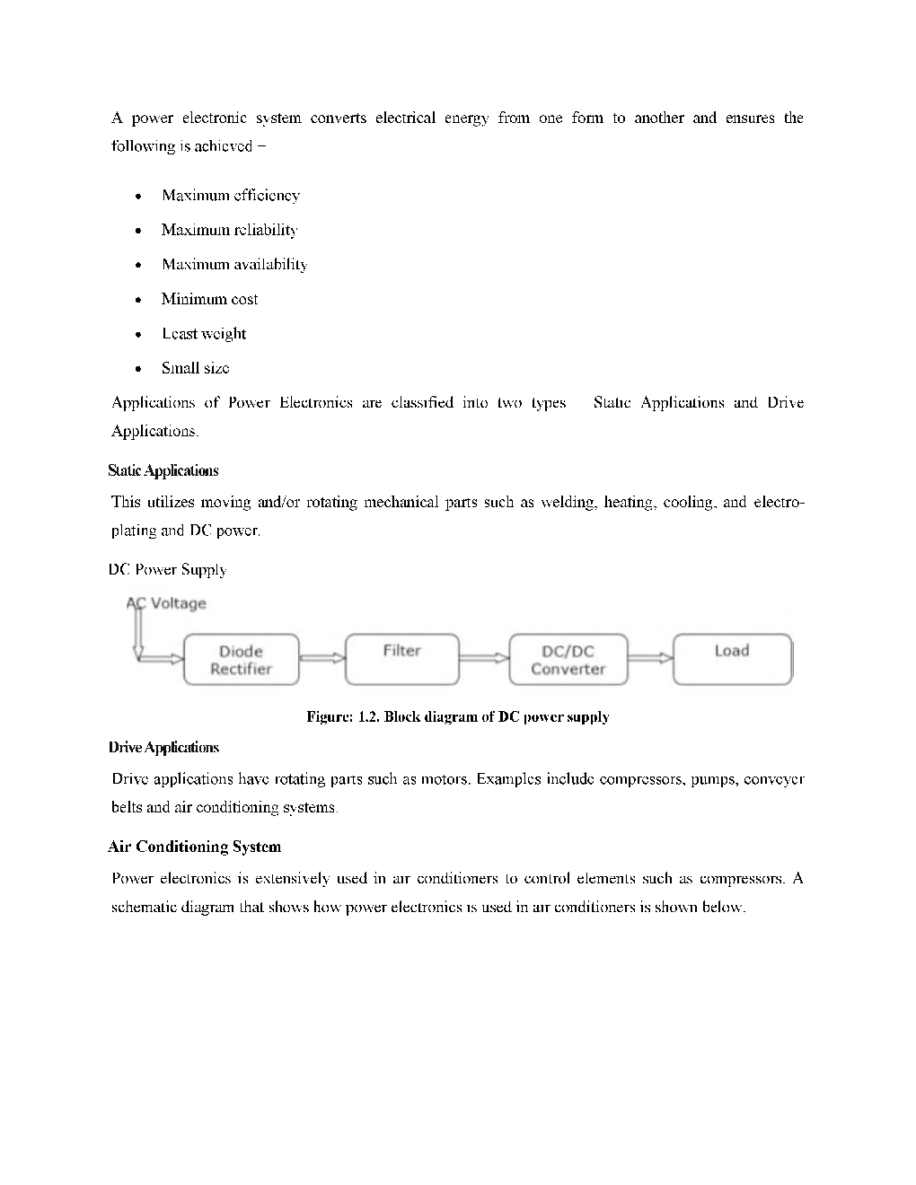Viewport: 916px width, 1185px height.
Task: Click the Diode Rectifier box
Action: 241,660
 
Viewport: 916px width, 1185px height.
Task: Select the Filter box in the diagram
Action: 401,659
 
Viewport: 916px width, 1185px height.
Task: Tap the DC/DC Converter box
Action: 568,660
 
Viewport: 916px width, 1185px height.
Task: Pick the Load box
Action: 732,659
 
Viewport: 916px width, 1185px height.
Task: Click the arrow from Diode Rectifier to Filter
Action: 321,658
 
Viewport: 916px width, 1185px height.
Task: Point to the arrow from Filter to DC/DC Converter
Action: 484,658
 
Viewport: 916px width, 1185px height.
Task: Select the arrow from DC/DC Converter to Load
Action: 649,658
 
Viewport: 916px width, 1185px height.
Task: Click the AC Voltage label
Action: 167,603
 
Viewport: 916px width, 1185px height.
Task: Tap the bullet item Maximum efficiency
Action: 231,196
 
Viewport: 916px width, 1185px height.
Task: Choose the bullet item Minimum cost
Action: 209,299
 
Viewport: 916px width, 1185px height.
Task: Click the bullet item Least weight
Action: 204,334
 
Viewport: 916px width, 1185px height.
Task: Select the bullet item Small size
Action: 195,368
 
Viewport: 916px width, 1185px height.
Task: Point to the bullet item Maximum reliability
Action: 229,230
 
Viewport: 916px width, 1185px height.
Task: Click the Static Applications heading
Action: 163,470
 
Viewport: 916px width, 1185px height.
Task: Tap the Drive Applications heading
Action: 163,747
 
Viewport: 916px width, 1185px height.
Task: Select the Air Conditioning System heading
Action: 194,847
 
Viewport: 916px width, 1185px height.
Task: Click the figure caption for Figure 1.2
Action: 457,716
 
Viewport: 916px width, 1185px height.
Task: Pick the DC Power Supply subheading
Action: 167,569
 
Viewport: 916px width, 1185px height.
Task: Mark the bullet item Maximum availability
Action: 234,265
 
